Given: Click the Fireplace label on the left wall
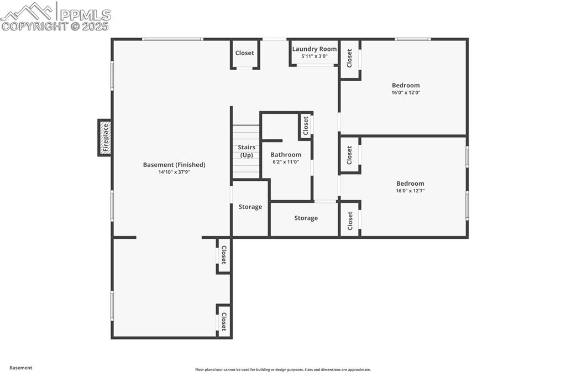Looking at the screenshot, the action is (106, 138).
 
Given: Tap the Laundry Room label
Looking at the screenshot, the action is (315, 49).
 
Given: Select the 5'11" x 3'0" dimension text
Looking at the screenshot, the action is (315, 56).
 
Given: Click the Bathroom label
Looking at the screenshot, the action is (286, 155).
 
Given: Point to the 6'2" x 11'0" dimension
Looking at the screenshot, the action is (286, 162).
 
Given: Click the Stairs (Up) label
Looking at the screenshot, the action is (247, 151).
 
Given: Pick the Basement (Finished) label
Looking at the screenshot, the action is (174, 165).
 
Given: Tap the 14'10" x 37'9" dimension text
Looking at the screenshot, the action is (174, 172).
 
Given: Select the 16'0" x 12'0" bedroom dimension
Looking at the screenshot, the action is (406, 92).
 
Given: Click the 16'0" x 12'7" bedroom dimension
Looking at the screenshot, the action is (410, 191).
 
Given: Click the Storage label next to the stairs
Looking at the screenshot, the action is (250, 207).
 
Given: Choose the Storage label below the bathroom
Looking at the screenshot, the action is (306, 218).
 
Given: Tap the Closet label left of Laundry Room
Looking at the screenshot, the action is (244, 53).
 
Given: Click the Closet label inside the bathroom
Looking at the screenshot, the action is (306, 125).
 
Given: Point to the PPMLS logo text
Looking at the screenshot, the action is (85, 14).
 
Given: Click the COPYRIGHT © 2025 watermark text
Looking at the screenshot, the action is (55, 27).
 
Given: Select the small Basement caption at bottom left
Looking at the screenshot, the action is (21, 368).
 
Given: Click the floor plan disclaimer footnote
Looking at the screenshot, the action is (283, 369).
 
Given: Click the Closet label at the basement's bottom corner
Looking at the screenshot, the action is (223, 322).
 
